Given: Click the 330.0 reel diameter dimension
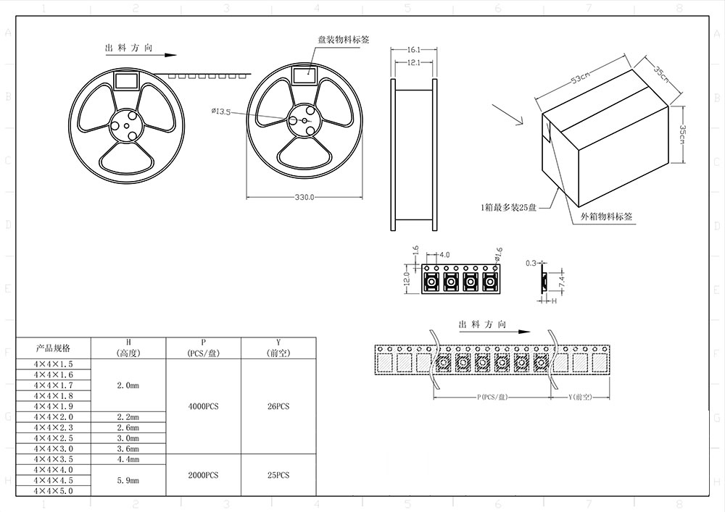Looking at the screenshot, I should (x=304, y=197).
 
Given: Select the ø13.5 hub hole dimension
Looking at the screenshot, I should (x=220, y=112).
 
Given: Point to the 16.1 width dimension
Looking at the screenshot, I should (x=415, y=50).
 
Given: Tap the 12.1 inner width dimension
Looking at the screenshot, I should (x=415, y=64).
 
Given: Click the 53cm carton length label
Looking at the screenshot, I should (x=580, y=80).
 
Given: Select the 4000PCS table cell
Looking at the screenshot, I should (x=203, y=406).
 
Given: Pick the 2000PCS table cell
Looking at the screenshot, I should (x=203, y=475).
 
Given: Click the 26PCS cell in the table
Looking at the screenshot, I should (x=278, y=406).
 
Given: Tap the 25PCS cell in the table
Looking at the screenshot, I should (x=278, y=475).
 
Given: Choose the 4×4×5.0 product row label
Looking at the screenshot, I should (x=54, y=491).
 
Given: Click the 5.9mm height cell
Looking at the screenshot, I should (x=128, y=480).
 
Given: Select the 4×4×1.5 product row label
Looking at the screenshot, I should (x=54, y=364).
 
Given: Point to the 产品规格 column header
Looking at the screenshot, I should (x=54, y=348).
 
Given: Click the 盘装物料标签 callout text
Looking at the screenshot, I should (x=344, y=40).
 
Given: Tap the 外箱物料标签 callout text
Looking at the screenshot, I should (x=608, y=217).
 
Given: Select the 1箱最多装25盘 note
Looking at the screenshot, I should (x=507, y=207).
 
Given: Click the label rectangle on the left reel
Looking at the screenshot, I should (x=128, y=78).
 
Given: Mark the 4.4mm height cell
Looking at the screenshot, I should (x=128, y=459).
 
